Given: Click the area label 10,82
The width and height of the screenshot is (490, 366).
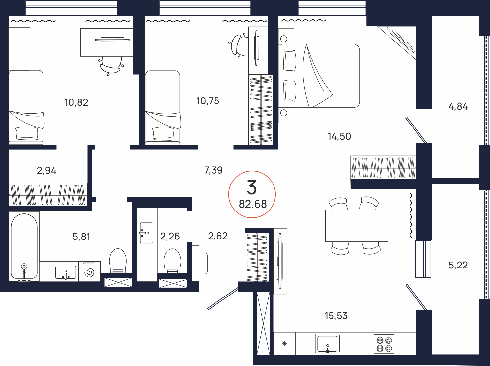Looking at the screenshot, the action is tap(76, 103).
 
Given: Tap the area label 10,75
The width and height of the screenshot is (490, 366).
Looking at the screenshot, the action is tap(208, 101).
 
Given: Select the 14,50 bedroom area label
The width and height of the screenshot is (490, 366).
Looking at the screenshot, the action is tap(339, 136).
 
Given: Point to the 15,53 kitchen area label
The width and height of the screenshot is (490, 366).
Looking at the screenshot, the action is tap(336, 316).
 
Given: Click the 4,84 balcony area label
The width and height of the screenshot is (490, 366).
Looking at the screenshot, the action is tap(458, 107).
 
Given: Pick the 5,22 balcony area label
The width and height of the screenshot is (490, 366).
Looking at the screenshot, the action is tap(458, 265).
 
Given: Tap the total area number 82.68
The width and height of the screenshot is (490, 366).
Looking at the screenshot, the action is tap(253, 204).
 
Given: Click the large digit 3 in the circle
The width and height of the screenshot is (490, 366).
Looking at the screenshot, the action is tap(252, 187).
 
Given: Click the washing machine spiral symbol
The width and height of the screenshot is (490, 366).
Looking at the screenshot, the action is tap(89, 272).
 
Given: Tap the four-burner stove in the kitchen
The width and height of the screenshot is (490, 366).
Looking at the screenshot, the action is tap(384, 344).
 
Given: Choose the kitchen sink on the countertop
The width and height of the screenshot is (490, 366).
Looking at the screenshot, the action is tap(327, 344).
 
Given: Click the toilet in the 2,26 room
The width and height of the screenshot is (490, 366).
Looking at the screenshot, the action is tap(172, 261).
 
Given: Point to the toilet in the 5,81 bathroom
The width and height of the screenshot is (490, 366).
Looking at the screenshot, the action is tap(118, 261).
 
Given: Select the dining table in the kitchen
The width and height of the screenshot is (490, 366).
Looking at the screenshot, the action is tap(357, 226).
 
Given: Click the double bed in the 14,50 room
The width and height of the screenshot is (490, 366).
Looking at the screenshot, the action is tap(319, 76).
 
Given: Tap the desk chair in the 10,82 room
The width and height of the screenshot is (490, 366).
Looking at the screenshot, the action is tap(111, 66).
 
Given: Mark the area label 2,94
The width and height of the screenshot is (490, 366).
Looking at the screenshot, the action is tap(46, 171).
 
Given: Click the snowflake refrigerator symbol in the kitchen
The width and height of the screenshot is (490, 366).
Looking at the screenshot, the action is tap(284, 344).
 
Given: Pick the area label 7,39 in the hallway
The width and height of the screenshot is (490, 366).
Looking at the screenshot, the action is tap(214, 170).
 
